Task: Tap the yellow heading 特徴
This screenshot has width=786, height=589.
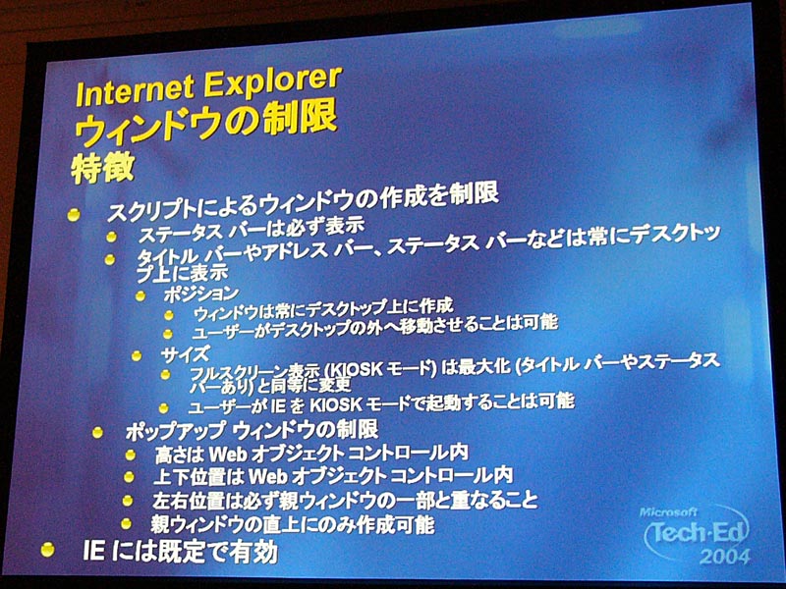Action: point(103,167)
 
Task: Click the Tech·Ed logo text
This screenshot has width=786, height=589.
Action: point(697,532)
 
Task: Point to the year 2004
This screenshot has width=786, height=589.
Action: point(725,557)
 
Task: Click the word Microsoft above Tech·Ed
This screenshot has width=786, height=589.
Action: point(668,511)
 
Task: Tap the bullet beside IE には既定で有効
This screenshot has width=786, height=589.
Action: point(47,550)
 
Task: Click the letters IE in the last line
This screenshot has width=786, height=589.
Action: point(93,551)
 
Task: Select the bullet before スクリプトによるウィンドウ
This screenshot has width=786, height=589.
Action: point(74,215)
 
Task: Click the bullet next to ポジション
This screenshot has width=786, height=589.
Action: point(140,296)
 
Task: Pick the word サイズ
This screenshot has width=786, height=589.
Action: point(185,354)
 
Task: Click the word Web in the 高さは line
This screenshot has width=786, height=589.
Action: point(228,454)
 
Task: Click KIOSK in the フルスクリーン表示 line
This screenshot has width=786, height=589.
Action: point(354,370)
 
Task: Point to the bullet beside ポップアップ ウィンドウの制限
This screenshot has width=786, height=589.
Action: point(97,432)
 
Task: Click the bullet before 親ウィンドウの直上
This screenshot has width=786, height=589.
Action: point(127,524)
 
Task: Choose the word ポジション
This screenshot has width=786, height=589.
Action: point(201,294)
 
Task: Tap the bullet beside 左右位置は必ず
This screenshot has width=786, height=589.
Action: point(128,501)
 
